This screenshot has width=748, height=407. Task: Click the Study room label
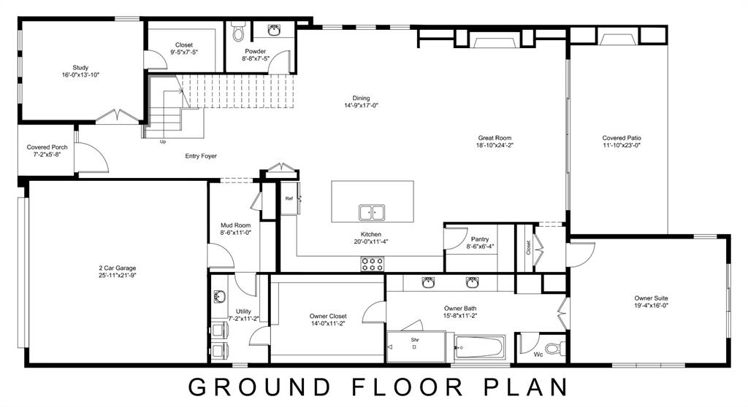[80, 67]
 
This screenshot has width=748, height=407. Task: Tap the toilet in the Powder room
[238, 33]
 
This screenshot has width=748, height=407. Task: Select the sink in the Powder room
[274, 31]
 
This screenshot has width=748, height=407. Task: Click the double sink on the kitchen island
[372, 212]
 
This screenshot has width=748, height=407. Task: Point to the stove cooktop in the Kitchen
[372, 264]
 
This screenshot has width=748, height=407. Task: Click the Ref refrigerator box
[289, 198]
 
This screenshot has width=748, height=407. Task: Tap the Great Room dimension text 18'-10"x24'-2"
[495, 145]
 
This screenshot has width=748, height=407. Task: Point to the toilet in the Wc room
[554, 348]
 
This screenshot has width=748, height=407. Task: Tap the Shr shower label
[414, 339]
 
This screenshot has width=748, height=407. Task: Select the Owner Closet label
[328, 316]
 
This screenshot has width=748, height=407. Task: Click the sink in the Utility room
[219, 297]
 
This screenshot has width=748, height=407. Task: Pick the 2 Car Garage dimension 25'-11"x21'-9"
[118, 276]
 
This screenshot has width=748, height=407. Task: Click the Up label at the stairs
[162, 142]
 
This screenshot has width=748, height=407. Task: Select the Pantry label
[480, 239]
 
